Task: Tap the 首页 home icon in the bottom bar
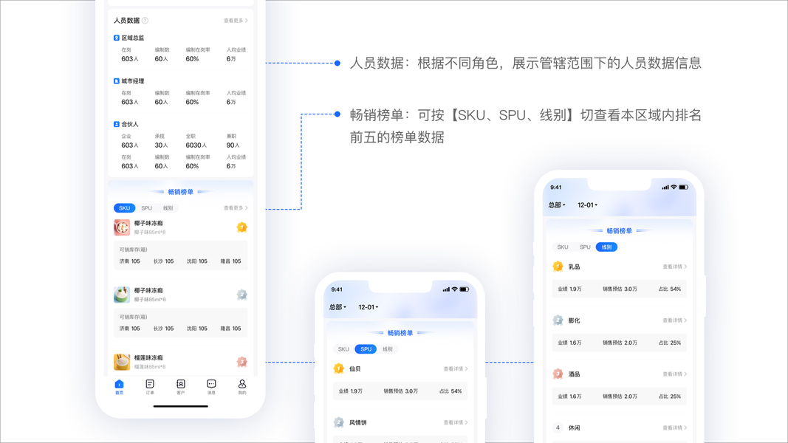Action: tap(119, 385)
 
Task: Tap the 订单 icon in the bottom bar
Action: tap(150, 385)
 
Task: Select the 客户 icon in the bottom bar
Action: tap(181, 385)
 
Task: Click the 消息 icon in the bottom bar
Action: tap(211, 385)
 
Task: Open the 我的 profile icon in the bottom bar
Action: tap(241, 385)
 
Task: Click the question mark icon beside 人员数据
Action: tap(145, 21)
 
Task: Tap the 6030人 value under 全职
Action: tap(196, 145)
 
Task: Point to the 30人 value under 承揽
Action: tap(161, 145)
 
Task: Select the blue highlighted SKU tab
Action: tap(124, 208)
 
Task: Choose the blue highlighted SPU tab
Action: tap(366, 349)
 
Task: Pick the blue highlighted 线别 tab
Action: tap(606, 247)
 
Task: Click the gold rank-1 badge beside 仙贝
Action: tap(339, 368)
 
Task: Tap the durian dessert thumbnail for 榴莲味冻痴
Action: tap(122, 362)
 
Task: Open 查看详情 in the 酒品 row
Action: tap(674, 374)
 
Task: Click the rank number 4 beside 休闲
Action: tap(558, 427)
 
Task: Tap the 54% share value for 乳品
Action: tap(675, 289)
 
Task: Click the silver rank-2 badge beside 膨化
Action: tap(558, 320)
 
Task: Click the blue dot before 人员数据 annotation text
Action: tap(338, 63)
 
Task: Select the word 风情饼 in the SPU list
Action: tap(358, 422)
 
